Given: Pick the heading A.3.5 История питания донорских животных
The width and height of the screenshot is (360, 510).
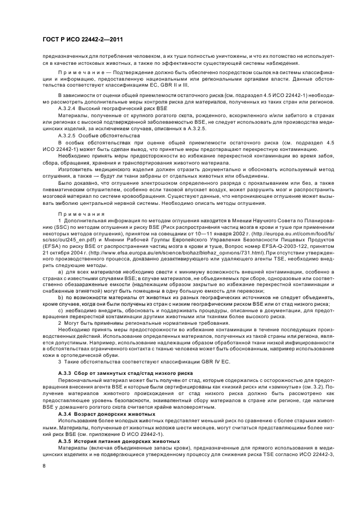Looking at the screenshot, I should [x=115, y=440].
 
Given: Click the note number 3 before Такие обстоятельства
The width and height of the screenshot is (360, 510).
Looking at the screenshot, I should [x=59, y=362].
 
